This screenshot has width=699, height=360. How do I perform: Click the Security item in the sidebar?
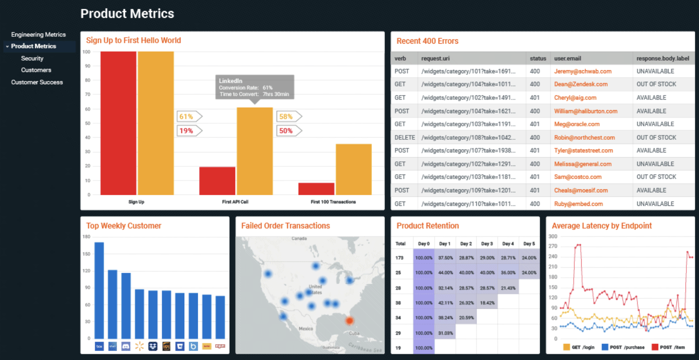32,58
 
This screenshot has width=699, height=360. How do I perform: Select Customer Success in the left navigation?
37,82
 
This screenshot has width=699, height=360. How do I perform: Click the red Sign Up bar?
118,123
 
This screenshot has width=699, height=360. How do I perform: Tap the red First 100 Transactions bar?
316,189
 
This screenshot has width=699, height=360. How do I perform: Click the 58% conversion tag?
287,116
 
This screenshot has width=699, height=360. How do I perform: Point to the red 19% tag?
187,131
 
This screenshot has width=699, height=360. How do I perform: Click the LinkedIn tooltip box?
254,87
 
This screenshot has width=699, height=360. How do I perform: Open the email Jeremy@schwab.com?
582,71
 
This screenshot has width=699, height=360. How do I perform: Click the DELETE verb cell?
404,138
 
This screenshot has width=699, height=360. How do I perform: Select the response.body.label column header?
663,58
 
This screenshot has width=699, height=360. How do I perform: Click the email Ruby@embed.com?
578,204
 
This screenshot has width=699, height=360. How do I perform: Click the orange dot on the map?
349,321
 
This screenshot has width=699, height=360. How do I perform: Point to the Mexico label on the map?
305,329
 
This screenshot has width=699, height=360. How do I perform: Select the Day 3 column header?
487,244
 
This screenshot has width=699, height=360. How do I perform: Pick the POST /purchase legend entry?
623,347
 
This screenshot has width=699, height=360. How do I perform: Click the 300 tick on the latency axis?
553,236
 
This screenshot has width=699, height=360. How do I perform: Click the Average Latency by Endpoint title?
602,226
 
